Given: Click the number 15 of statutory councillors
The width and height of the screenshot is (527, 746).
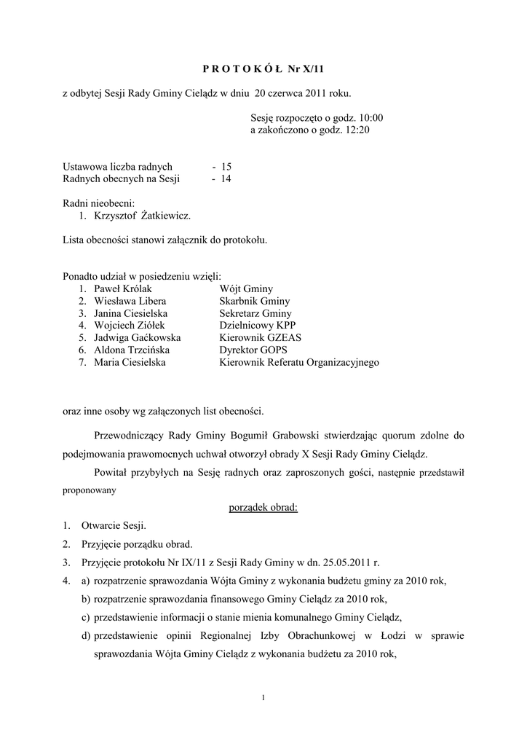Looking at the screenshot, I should (x=226, y=167).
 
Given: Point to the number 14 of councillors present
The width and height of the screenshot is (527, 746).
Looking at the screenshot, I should (x=226, y=178).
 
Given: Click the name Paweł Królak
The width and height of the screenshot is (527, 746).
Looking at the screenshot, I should (x=123, y=288).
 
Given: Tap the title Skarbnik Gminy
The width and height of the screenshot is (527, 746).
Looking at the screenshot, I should (x=254, y=301).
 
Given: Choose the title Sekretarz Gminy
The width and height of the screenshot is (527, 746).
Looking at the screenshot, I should (x=255, y=313).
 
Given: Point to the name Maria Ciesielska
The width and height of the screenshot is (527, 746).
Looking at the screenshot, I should (x=131, y=362).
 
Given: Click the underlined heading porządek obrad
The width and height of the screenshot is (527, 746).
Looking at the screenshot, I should (x=258, y=507).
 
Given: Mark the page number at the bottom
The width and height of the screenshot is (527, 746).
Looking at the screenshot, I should (x=263, y=699).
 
